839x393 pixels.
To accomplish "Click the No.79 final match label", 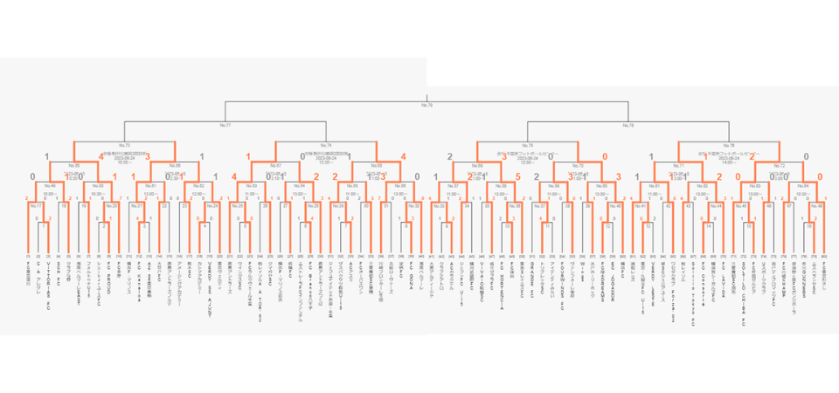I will coord(427,106).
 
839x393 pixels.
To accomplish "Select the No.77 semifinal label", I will coord(225,126).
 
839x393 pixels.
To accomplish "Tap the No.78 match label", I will coord(628,126).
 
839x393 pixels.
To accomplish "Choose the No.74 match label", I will coord(326,145).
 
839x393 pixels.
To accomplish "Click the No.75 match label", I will coord(527,145).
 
